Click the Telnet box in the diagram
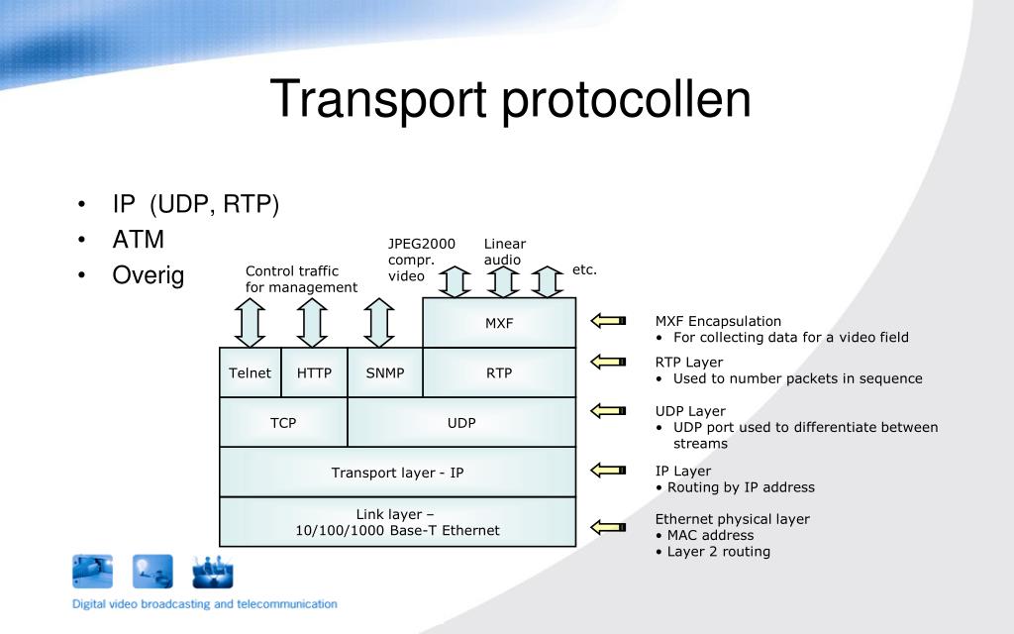tap(250, 373)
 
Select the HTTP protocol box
tap(314, 373)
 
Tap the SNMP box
tap(385, 373)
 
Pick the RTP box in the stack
tap(499, 373)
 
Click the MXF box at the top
tap(499, 323)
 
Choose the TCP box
tap(283, 423)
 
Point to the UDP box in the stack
tap(461, 423)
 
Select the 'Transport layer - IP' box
tap(397, 473)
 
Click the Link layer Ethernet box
tap(397, 522)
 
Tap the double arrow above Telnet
tap(251, 322)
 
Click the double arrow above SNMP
tap(379, 322)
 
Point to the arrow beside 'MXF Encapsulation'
tap(609, 320)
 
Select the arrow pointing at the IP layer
tap(609, 470)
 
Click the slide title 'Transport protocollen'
tap(511, 100)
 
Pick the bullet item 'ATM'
tap(139, 240)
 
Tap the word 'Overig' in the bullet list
tap(149, 275)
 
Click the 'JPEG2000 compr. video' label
tap(421, 260)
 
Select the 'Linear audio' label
tap(504, 252)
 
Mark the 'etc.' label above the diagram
tap(584, 269)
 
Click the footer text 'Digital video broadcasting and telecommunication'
tap(204, 603)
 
